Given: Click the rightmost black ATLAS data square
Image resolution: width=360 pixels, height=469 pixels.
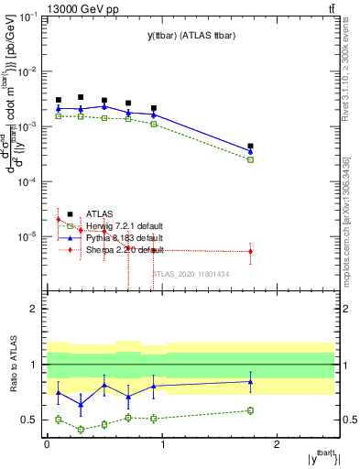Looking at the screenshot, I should click(250, 146).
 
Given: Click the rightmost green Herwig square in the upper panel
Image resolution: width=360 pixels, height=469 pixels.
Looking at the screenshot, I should click(250, 159).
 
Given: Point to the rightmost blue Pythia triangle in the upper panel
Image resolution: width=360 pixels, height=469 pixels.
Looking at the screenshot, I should click(250, 151).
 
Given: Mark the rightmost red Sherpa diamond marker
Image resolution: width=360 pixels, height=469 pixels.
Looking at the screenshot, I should click(250, 251).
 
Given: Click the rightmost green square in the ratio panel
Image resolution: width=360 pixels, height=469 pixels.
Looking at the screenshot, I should click(250, 410).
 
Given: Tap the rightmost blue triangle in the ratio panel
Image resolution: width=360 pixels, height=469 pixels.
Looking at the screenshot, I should click(250, 381).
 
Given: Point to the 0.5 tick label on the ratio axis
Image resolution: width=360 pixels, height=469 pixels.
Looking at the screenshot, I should click(33, 420).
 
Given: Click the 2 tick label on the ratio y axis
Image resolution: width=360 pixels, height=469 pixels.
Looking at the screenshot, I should click(37, 309).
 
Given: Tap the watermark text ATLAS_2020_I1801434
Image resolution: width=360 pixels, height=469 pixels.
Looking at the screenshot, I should click(190, 273).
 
